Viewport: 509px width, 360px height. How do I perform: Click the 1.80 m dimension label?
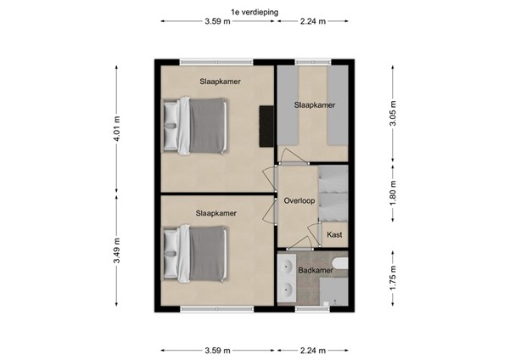pyautogui.click(x=392, y=200)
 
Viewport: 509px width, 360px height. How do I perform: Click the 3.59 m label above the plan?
pyautogui.click(x=218, y=23)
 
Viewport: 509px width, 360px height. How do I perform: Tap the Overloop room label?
pyautogui.click(x=299, y=201)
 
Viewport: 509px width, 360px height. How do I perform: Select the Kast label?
pyautogui.click(x=334, y=233)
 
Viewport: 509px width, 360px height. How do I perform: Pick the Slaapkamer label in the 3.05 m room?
pyautogui.click(x=314, y=105)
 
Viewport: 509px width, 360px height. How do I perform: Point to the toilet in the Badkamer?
pyautogui.click(x=340, y=264)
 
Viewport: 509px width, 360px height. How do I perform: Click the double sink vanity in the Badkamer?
pyautogui.click(x=287, y=279)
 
